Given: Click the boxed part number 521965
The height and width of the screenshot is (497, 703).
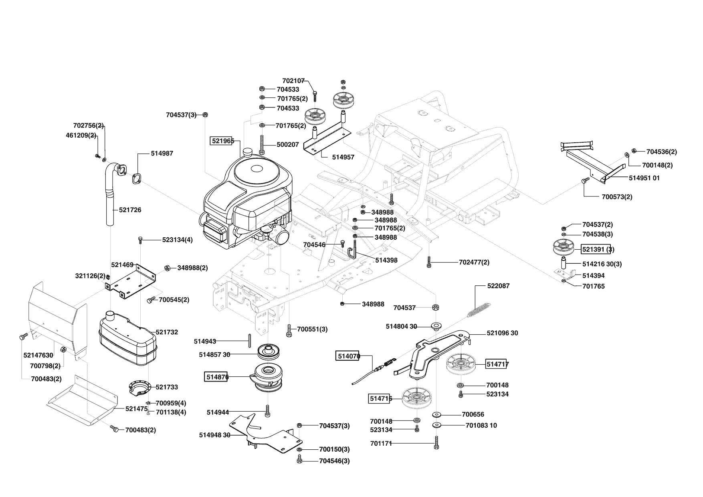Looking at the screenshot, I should point(222,141).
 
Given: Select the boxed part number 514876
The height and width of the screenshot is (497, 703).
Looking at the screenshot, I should point(216,377).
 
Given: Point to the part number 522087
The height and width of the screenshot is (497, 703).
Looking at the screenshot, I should point(498,286).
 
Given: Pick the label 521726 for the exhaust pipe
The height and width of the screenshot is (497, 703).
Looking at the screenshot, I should point(130,210).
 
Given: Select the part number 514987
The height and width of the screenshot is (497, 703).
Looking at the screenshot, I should point(162,154).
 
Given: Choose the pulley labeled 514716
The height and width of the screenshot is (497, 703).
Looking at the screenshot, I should point(416,398).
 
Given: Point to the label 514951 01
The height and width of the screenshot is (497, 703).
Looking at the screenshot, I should point(644,178).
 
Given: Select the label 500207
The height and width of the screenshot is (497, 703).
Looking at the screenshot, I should point(288,144).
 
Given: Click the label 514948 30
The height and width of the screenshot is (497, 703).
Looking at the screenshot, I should point(214,435).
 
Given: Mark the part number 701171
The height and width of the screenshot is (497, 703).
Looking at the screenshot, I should point(380,443).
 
